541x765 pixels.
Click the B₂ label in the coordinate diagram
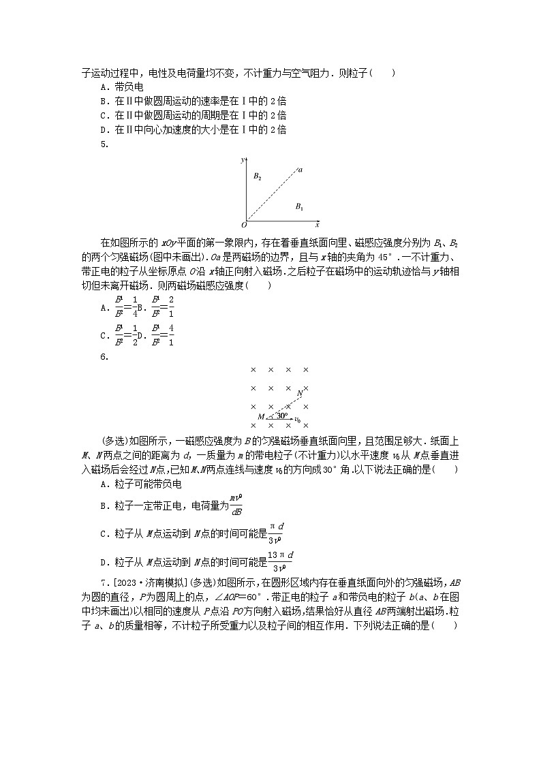click(x=258, y=176)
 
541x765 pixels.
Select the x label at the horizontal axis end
click(x=317, y=224)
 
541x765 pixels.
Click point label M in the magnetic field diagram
click(x=261, y=417)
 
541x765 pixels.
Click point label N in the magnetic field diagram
click(x=300, y=393)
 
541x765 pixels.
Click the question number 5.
click(x=104, y=143)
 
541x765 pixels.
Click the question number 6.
click(x=104, y=356)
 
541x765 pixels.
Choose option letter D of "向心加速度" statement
click(x=104, y=129)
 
